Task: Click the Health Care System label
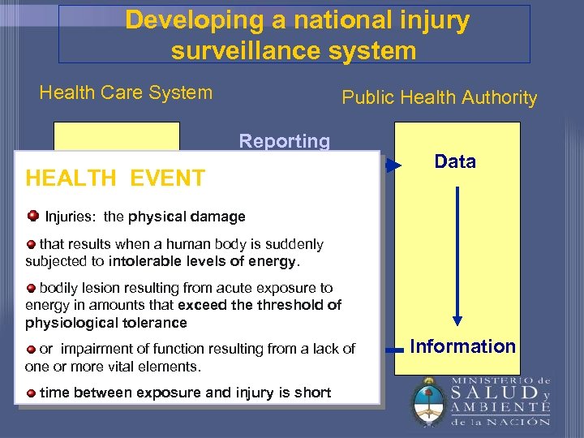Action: coord(126,92)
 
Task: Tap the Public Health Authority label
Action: coord(439,98)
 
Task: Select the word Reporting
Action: coord(284,141)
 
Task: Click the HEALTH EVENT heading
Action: coord(115,178)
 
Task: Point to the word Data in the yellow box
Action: coord(455,161)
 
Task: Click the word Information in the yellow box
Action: coord(462,346)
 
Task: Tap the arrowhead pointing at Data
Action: coord(393,166)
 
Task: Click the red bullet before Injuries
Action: coord(32,216)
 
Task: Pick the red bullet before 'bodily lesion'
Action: coord(31,288)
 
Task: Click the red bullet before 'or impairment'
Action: coord(31,349)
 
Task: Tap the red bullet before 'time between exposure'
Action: coord(31,393)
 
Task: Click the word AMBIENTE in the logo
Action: coord(497,407)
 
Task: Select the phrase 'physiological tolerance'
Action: coord(105,323)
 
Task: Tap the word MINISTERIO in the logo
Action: coord(490,380)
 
